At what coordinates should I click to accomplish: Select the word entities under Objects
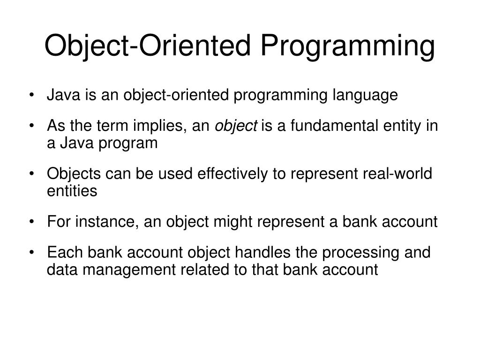72,191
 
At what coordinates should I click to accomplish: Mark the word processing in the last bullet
356,253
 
